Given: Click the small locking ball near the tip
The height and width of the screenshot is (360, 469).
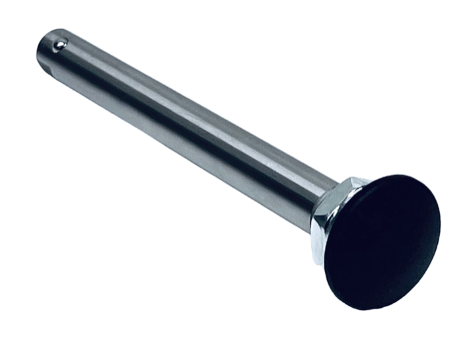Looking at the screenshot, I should [x=60, y=44].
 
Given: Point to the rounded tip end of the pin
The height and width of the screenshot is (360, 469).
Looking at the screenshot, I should [x=40, y=50].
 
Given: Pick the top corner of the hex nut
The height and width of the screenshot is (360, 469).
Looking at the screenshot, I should [x=351, y=178].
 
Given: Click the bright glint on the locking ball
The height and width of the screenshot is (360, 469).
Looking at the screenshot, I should [x=61, y=43].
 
